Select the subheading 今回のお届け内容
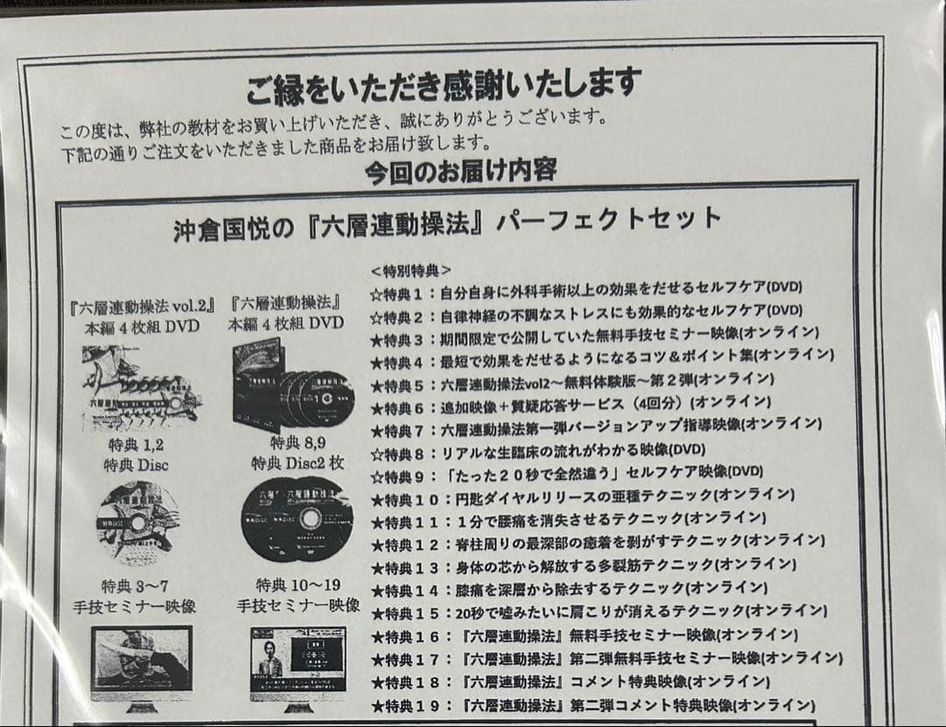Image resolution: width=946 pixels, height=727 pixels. tap(461, 169)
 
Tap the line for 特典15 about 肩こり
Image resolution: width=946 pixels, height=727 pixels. tap(598, 611)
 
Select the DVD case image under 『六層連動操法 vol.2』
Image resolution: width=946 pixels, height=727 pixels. tap(140, 389)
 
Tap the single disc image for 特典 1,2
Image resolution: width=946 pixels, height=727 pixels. tap(138, 522)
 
